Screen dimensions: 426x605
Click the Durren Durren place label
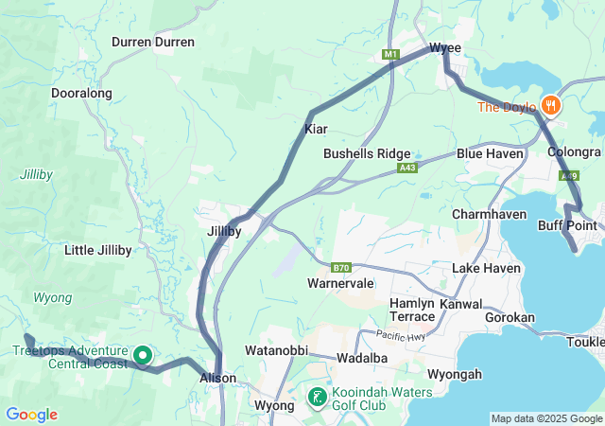(153, 42)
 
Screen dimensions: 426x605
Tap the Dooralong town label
(81, 94)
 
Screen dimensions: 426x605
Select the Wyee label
(445, 47)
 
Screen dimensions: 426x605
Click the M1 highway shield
(390, 55)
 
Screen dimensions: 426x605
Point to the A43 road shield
(407, 168)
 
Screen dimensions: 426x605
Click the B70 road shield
(341, 267)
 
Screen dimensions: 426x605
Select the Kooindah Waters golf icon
(319, 396)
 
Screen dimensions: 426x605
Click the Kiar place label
(316, 128)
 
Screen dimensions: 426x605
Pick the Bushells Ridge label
(367, 153)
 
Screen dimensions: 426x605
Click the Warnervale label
(340, 283)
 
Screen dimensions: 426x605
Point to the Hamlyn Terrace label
(412, 309)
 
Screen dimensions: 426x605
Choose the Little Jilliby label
(97, 250)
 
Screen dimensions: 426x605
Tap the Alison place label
(216, 377)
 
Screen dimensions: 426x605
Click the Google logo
(31, 415)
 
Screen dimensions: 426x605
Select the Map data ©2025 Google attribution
(545, 418)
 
